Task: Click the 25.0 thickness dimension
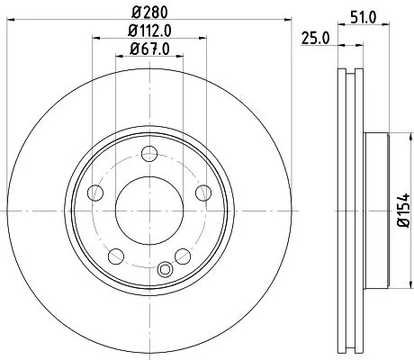pyautogui.click(x=312, y=37)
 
